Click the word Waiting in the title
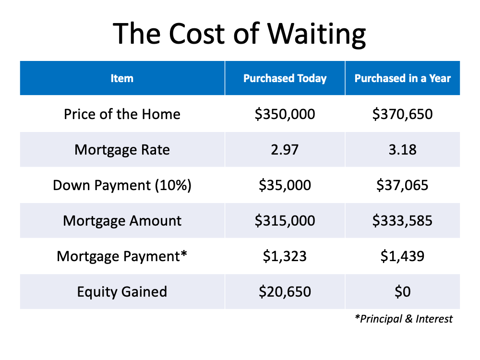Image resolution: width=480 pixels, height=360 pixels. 316,34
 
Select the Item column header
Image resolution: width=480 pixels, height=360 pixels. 122,78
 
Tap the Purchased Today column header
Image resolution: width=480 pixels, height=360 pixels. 285,78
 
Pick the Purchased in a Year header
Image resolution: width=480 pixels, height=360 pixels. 403,78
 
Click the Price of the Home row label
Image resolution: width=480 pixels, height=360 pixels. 122,114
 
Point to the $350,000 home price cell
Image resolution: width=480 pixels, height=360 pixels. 285,114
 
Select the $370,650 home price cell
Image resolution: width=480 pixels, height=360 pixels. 403,114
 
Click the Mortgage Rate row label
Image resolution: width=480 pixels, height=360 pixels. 122,150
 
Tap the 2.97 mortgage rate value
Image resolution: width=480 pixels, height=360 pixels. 285,150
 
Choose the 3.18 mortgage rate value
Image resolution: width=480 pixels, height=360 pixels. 403,150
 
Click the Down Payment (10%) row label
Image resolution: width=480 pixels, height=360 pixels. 122,185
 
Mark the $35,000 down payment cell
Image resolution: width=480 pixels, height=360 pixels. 285,185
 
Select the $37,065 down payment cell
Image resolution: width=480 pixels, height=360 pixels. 403,185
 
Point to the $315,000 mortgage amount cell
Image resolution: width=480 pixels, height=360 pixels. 285,221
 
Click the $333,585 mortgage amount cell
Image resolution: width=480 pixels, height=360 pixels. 403,221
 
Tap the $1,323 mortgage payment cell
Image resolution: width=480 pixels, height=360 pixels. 285,256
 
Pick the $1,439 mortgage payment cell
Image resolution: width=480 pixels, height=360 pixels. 403,256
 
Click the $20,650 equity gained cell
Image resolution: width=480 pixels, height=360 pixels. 285,292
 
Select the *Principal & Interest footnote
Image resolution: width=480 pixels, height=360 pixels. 404,319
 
